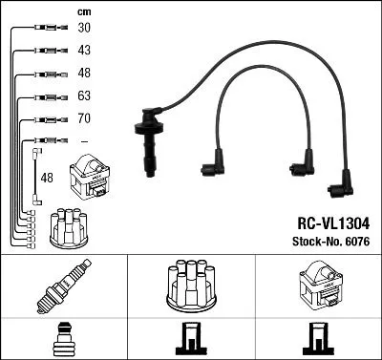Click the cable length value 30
tap(84, 28)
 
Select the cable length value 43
tap(84, 50)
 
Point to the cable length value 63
tap(84, 95)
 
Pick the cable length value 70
tap(84, 119)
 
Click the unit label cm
tap(83, 11)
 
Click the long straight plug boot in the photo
tap(149, 140)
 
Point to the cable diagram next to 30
tap(42, 28)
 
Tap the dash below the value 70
tap(84, 141)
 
